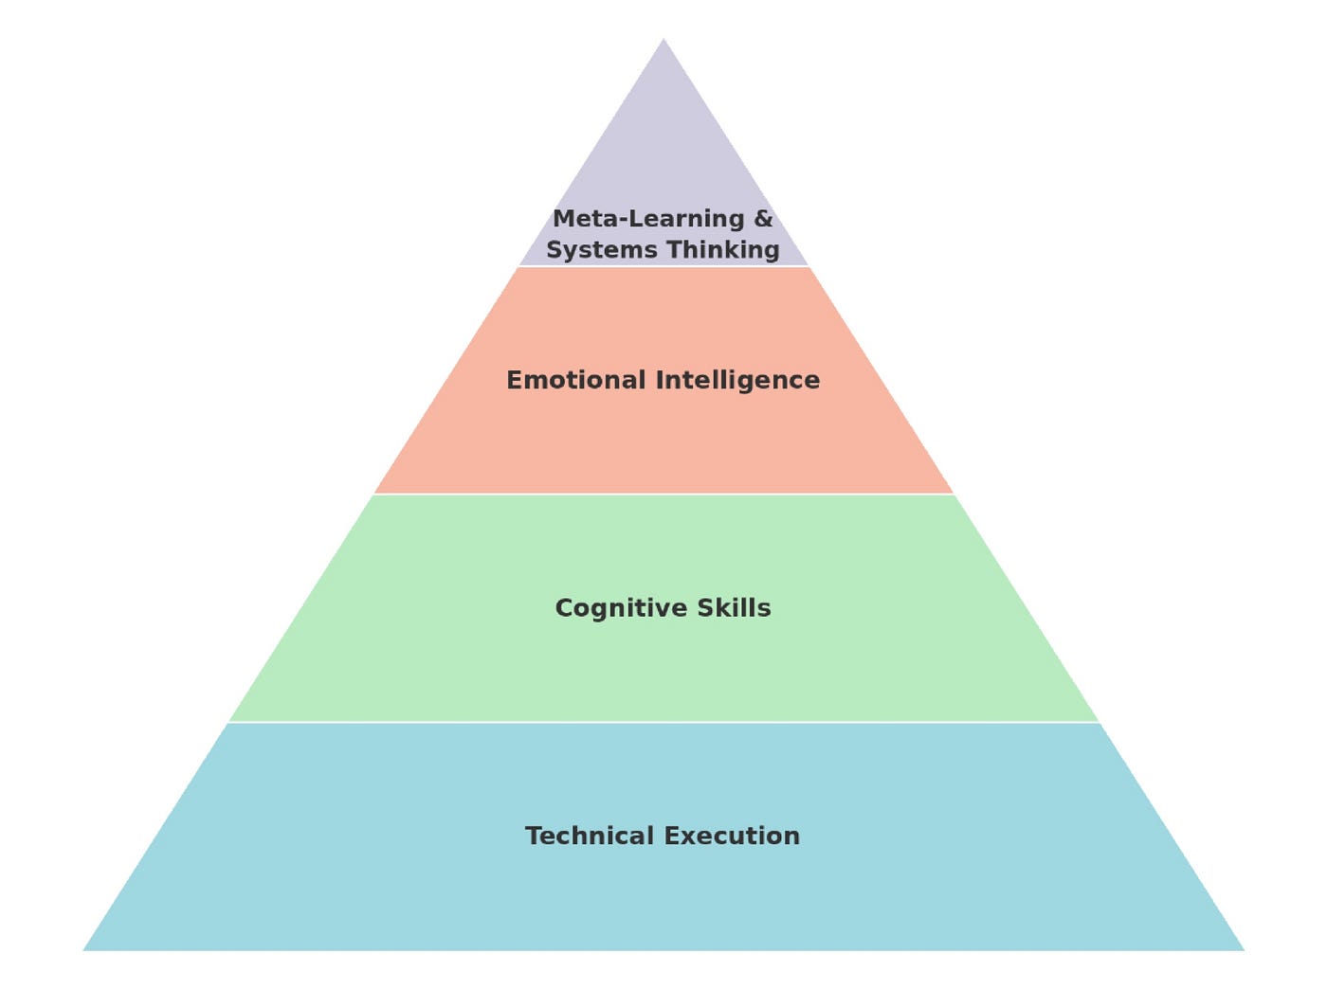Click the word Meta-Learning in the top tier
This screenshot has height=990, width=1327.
(648, 219)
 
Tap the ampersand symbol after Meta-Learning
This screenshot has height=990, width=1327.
(763, 219)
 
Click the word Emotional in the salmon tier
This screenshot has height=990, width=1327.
(575, 380)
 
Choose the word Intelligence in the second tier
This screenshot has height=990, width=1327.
(737, 381)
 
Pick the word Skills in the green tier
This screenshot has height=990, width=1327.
(734, 607)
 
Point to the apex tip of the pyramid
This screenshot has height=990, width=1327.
(663, 40)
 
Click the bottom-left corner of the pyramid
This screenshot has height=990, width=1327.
(85, 949)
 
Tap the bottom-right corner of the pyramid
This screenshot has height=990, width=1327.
(1242, 949)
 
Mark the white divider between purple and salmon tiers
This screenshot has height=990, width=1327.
(663, 266)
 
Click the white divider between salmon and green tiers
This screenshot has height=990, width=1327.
(663, 494)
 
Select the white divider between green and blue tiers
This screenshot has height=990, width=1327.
(663, 722)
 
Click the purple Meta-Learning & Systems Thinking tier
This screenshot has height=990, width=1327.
(663, 152)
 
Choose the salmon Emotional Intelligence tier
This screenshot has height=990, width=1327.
(663, 436)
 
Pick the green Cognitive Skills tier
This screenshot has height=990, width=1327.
(663, 663)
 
